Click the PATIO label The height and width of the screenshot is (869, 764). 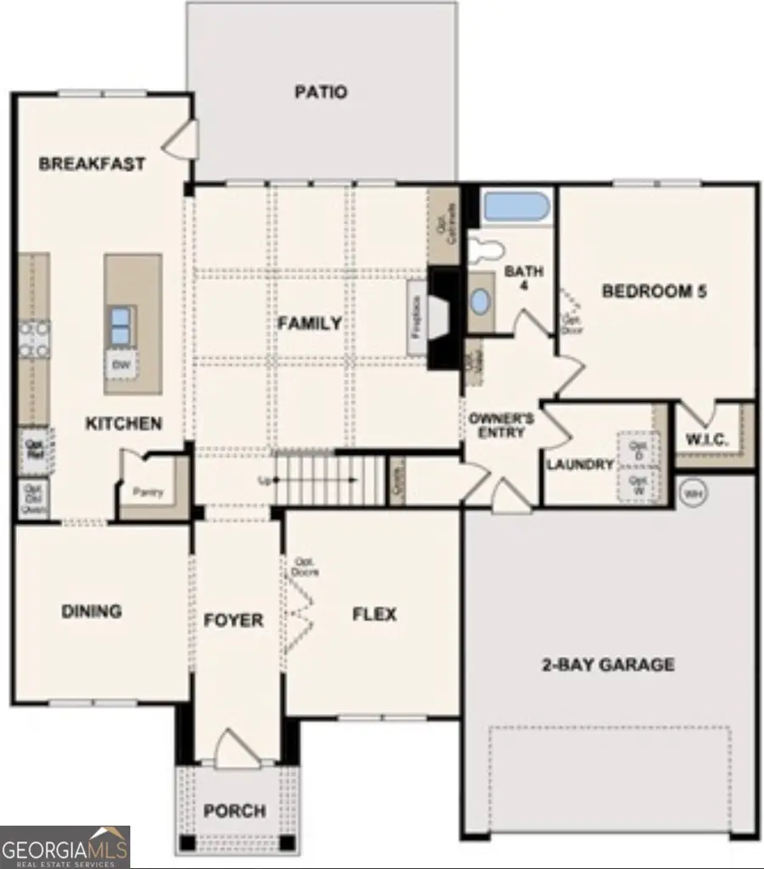pyautogui.click(x=320, y=92)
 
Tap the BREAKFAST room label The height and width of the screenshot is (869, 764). pyautogui.click(x=92, y=164)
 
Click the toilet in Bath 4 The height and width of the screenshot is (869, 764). pyautogui.click(x=486, y=249)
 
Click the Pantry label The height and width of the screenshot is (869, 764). pyautogui.click(x=148, y=492)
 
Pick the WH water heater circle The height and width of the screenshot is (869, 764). pyautogui.click(x=693, y=491)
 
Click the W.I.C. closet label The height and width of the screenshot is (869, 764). pyautogui.click(x=704, y=440)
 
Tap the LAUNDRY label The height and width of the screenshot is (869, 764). pyautogui.click(x=580, y=464)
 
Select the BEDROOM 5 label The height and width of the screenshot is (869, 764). pyautogui.click(x=654, y=291)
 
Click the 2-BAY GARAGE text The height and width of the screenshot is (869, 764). pyautogui.click(x=608, y=664)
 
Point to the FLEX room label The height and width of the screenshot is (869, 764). pyautogui.click(x=374, y=614)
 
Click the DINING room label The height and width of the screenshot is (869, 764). pyautogui.click(x=92, y=611)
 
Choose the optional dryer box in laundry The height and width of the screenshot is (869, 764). pyautogui.click(x=638, y=450)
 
